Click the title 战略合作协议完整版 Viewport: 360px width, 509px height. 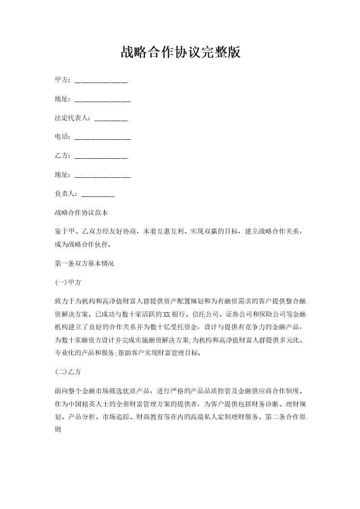(x=180, y=53)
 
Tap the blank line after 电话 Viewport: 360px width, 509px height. (x=102, y=137)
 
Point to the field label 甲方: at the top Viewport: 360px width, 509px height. (x=63, y=80)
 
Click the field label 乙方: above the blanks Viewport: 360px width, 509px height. (x=63, y=156)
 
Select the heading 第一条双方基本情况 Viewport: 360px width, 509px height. (x=84, y=263)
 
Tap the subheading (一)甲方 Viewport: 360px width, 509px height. (x=68, y=282)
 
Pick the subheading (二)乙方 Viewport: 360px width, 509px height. (x=68, y=372)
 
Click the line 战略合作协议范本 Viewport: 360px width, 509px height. (x=81, y=212)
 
